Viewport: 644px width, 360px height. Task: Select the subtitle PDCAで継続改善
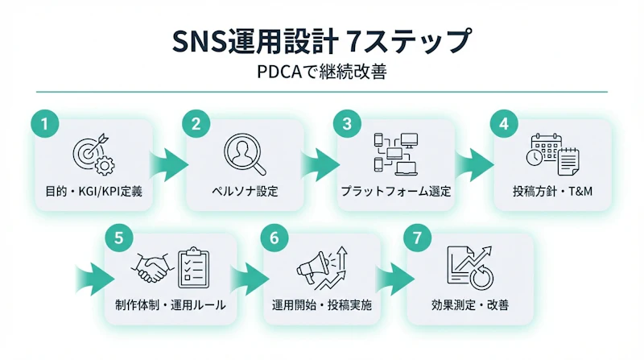click(x=322, y=72)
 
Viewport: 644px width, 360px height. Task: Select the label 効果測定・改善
click(x=469, y=307)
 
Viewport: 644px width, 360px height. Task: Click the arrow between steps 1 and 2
click(x=171, y=160)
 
